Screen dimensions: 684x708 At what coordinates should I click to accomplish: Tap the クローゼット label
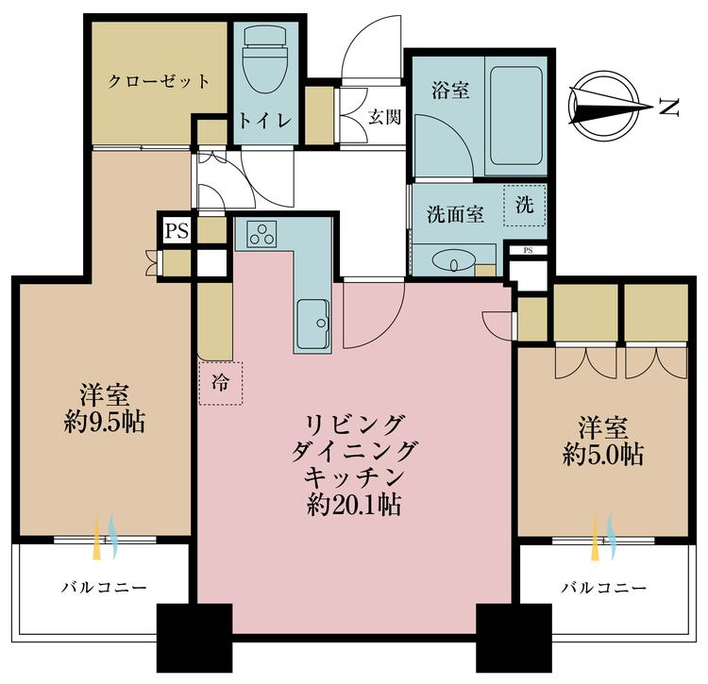(x=159, y=81)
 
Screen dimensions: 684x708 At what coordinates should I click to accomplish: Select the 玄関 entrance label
(x=382, y=118)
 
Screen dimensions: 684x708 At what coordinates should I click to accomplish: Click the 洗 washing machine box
(x=524, y=205)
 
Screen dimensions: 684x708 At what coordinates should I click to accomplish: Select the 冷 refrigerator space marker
(x=220, y=383)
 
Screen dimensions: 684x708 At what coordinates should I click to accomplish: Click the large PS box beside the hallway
(x=176, y=230)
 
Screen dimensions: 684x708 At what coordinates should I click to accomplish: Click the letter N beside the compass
(x=669, y=108)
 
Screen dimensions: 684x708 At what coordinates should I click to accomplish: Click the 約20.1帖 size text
(x=354, y=506)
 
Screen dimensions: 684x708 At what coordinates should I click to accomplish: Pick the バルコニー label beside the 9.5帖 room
(x=103, y=587)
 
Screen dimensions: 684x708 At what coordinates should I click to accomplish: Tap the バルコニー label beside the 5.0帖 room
(x=604, y=587)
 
